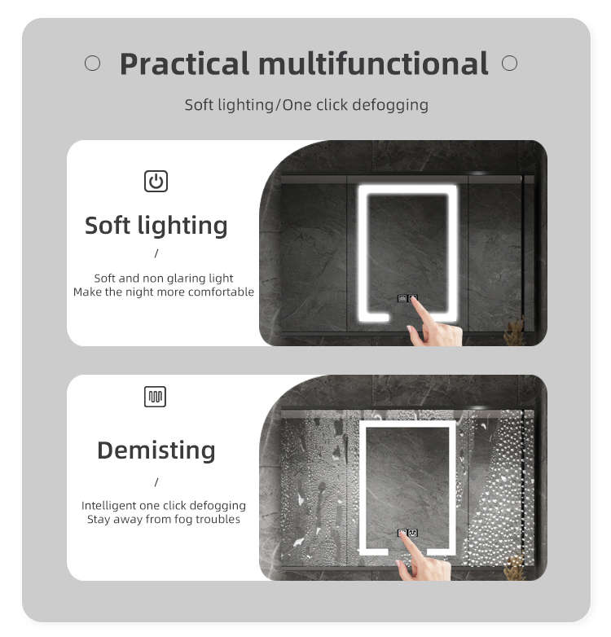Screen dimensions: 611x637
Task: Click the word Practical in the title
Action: [x=184, y=64]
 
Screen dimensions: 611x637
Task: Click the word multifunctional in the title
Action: [x=373, y=63]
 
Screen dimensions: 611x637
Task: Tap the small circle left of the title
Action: [x=93, y=64]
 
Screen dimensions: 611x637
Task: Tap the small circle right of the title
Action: [x=509, y=63]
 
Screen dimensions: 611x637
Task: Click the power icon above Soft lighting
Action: [x=156, y=181]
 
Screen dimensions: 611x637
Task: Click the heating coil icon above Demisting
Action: [x=155, y=397]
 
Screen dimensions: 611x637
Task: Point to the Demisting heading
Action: [x=156, y=451]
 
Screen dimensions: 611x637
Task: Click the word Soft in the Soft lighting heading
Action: [x=108, y=225]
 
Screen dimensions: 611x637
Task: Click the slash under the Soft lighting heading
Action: [x=156, y=253]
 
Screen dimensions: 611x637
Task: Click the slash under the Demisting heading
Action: [x=156, y=482]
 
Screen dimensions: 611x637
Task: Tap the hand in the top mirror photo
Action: [x=435, y=325]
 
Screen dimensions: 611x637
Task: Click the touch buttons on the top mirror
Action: [x=407, y=299]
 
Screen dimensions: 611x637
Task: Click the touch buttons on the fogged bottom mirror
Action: [x=407, y=533]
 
